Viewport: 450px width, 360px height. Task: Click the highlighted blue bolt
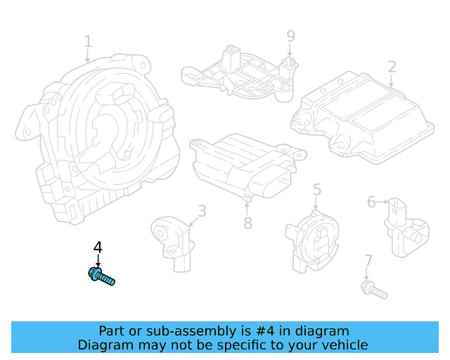pos(101,277)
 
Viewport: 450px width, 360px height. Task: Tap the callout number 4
pos(98,247)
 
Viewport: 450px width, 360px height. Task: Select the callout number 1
pos(88,41)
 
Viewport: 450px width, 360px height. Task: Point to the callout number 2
pos(392,67)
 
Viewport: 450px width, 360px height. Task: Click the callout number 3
pos(201,210)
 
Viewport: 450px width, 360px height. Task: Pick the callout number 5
pos(317,188)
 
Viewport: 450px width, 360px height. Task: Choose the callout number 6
pos(371,202)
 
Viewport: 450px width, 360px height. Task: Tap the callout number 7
pos(367,262)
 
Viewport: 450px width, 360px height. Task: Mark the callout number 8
pos(247,223)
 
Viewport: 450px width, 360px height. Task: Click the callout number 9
pos(290,35)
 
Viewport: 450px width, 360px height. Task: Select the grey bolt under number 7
pos(373,288)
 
